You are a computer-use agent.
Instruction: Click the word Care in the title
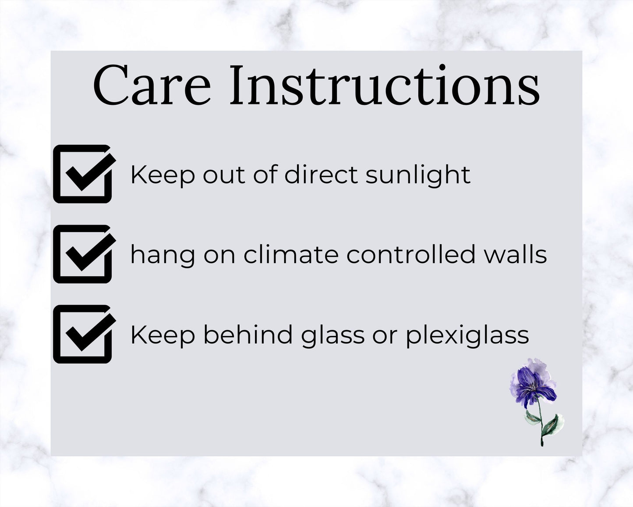[152, 86]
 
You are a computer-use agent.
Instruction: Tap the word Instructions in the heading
[385, 86]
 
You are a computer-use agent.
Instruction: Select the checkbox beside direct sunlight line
[85, 174]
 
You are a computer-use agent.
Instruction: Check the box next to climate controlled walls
[85, 254]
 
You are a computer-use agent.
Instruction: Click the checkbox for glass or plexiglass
[85, 334]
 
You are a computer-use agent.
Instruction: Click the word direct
[322, 175]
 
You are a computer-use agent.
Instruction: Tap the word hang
[163, 255]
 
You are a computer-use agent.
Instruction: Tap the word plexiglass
[467, 336]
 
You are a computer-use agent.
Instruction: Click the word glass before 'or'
[332, 336]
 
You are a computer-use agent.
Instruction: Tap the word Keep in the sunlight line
[163, 176]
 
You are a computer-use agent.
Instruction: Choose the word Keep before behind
[163, 336]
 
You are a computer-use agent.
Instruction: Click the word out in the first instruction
[224, 176]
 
